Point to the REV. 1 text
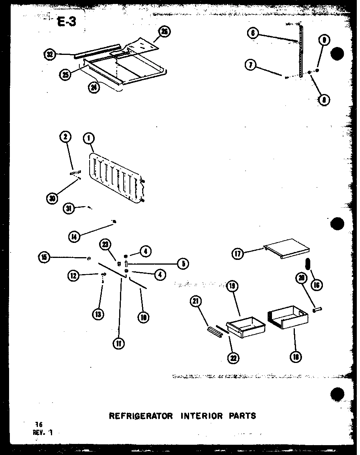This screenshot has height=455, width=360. tap(43, 432)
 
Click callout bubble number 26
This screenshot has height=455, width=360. tap(165, 32)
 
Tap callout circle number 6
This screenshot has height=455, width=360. tap(253, 33)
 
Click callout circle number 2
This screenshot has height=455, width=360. tap(65, 137)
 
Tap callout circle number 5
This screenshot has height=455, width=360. tap(183, 263)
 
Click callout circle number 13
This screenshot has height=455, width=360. tap(98, 314)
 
